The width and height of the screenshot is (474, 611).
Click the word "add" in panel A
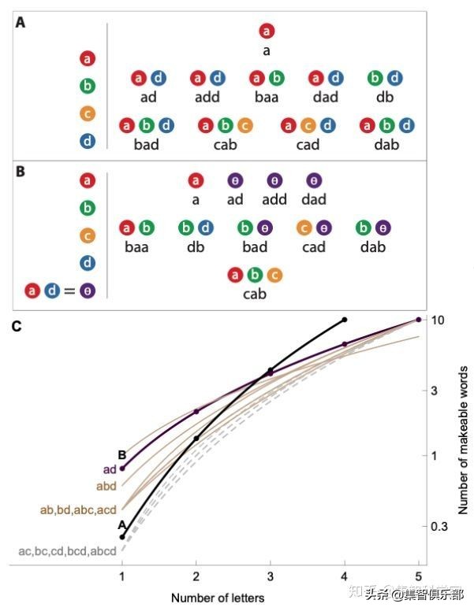point(207,97)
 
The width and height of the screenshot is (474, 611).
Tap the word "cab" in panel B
point(254,294)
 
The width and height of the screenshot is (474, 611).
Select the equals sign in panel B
point(69,291)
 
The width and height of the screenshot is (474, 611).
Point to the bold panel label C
point(17,326)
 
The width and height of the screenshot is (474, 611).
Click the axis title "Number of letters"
point(218,598)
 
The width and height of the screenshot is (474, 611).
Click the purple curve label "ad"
point(109,470)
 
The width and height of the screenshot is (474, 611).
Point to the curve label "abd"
point(106,486)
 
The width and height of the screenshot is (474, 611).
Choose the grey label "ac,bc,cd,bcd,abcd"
point(68,551)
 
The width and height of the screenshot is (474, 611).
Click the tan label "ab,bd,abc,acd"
point(78,509)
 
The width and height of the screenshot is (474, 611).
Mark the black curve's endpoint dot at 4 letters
point(345,320)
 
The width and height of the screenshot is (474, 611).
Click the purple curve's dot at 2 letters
point(196,412)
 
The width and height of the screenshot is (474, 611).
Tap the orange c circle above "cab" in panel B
point(274,275)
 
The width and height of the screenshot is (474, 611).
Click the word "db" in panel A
point(385,97)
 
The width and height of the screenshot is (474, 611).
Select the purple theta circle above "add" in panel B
point(274,180)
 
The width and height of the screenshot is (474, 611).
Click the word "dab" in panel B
point(372,246)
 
